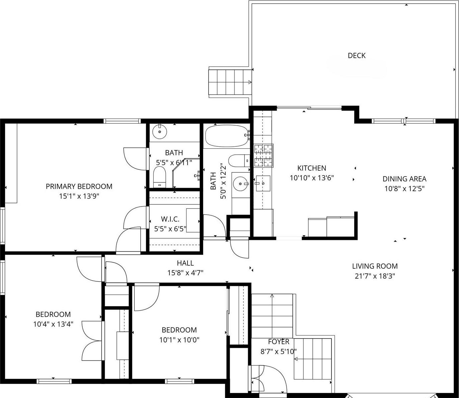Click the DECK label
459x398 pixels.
357,56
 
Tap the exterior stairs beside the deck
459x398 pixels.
230,82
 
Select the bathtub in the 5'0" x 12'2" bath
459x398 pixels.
226,136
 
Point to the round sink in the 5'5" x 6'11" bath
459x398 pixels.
160,132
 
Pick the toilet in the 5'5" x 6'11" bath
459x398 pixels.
160,176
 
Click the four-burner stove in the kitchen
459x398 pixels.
263,155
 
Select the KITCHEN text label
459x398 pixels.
312,168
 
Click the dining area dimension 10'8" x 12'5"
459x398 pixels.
404,189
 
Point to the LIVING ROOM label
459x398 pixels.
375,266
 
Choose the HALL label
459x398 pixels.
185,263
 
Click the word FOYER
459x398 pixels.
279,342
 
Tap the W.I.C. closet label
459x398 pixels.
170,219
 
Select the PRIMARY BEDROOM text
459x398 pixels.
79,186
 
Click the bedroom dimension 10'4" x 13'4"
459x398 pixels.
53,324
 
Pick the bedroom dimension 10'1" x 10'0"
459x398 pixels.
179,340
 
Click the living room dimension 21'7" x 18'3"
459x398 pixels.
375,276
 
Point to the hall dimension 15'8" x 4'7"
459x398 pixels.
185,273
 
